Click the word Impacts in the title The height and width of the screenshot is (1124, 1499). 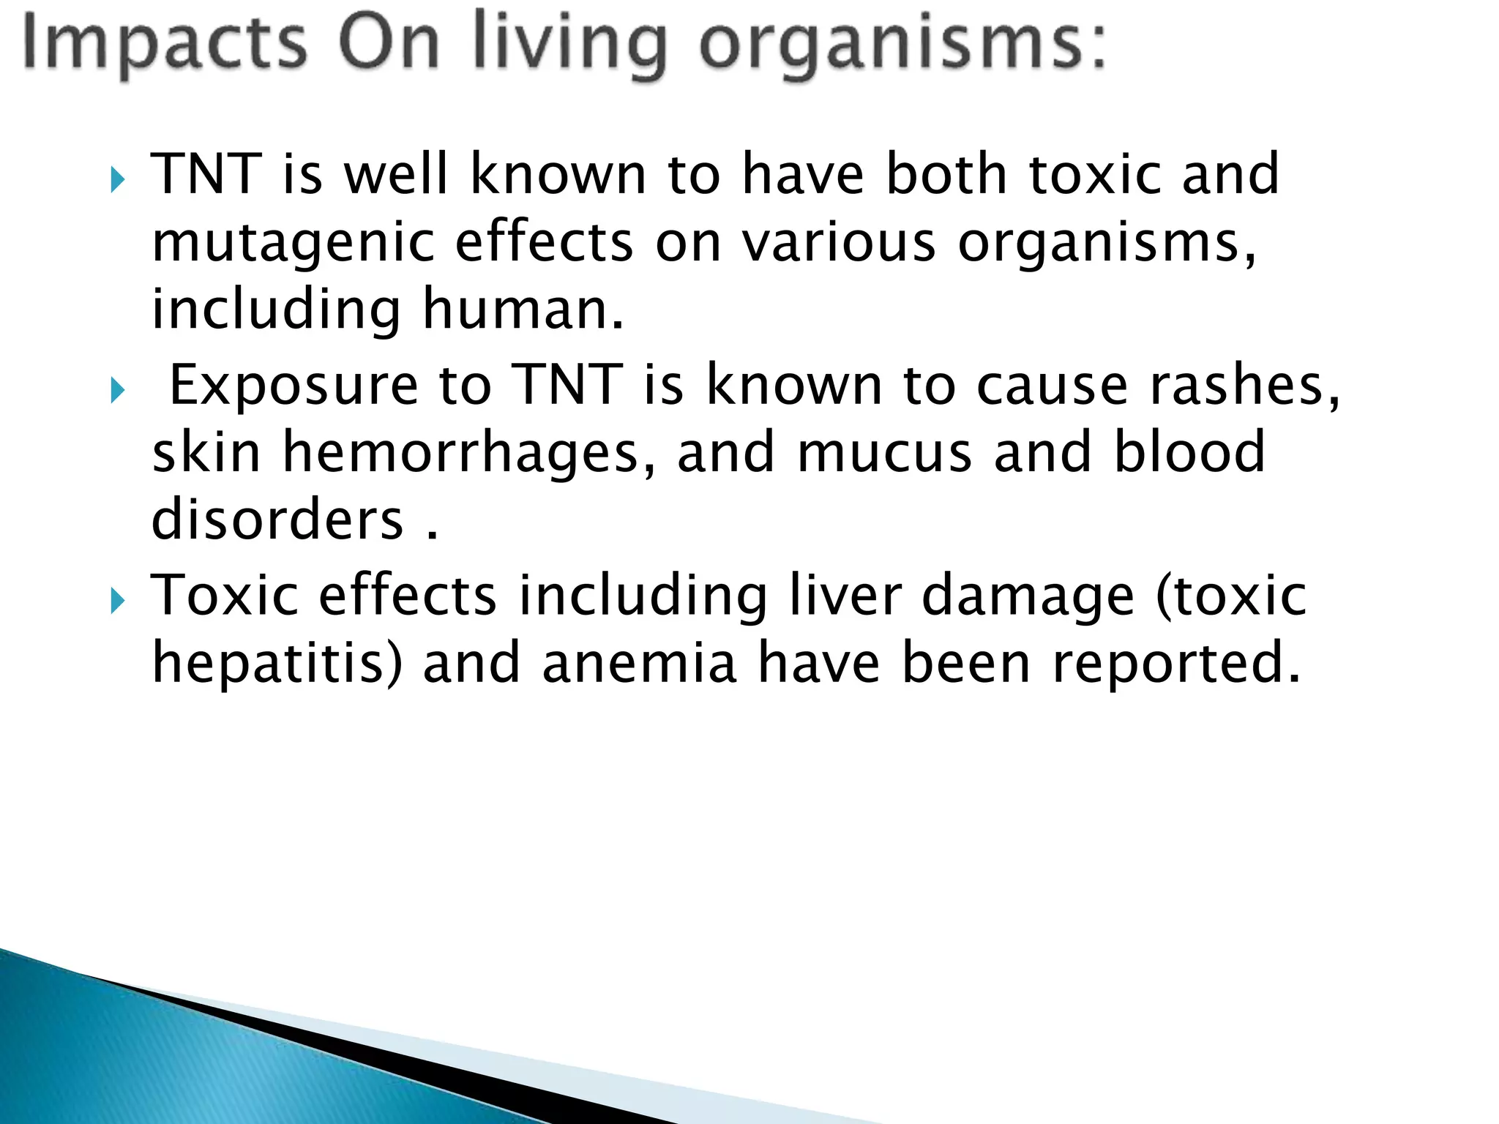164,44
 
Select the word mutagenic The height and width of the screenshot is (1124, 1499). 293,244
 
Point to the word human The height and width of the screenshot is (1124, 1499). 523,310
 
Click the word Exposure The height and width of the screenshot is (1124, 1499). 294,386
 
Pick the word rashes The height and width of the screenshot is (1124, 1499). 1244,385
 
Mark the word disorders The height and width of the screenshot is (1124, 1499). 277,519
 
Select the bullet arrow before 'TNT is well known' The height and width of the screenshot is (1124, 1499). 118,179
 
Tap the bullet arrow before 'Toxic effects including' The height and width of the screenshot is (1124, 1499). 118,602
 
